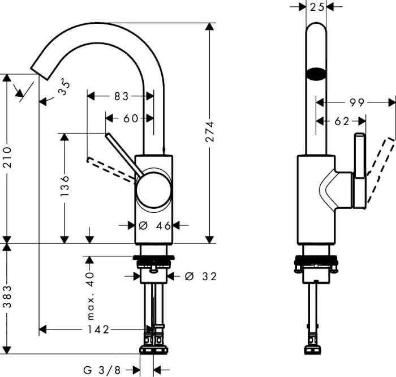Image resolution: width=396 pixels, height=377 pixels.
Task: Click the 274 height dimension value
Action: [x=210, y=132]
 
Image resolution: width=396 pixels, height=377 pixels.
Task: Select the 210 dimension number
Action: [x=7, y=157]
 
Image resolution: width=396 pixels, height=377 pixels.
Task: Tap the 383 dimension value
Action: [x=7, y=297]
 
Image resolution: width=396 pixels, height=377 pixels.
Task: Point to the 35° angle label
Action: [x=64, y=87]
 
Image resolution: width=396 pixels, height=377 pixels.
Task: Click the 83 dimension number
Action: [x=122, y=96]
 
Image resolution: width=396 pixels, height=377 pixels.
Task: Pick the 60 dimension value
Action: [x=131, y=118]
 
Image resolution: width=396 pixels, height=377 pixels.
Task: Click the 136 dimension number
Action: [x=64, y=186]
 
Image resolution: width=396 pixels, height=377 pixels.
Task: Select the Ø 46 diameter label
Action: [x=155, y=225]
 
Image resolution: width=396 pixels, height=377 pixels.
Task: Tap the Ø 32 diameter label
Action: [x=200, y=276]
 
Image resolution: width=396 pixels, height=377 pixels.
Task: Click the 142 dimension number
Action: [x=98, y=329]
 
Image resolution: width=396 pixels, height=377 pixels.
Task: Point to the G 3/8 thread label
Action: [x=102, y=370]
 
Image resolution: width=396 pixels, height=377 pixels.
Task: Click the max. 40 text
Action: [x=90, y=295]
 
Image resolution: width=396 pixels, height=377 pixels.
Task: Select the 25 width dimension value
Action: [x=317, y=7]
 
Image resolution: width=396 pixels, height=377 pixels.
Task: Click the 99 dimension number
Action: [x=357, y=102]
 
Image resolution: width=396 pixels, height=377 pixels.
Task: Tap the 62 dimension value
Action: [x=342, y=122]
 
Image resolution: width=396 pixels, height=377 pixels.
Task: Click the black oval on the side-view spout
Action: [x=316, y=74]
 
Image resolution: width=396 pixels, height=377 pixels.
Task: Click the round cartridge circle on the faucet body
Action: [x=153, y=190]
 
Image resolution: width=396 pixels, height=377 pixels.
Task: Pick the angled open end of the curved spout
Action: [x=40, y=74]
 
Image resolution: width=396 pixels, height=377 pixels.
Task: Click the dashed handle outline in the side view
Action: [x=380, y=170]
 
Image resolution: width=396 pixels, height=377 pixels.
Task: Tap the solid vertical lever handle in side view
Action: [x=359, y=171]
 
